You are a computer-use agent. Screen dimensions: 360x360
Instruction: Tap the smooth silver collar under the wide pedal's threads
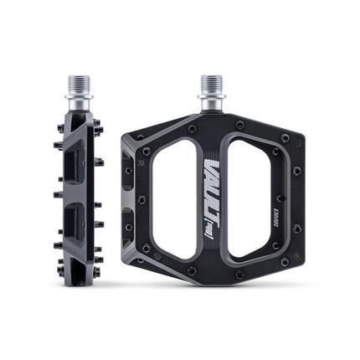pyautogui.click(x=210, y=103)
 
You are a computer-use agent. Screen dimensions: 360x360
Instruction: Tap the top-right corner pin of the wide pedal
pyautogui.click(x=285, y=136)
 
